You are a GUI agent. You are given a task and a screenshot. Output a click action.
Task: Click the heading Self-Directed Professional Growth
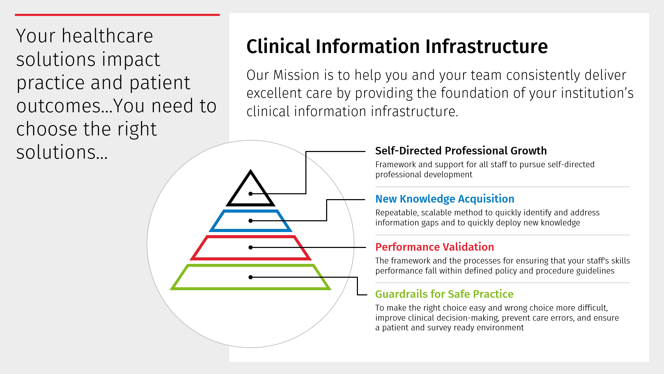point(461,151)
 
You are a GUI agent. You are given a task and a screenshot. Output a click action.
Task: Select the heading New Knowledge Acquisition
point(445,199)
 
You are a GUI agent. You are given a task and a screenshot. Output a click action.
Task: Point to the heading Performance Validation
point(435,247)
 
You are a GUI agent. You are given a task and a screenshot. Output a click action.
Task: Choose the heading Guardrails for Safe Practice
point(444,294)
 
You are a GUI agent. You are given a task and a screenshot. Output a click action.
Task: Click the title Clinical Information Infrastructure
point(397,46)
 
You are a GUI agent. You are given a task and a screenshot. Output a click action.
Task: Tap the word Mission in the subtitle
point(296,75)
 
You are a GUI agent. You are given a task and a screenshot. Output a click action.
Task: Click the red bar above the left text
point(117,15)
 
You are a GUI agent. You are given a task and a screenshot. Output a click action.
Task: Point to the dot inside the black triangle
point(250,194)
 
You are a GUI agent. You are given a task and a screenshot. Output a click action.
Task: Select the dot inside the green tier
point(250,277)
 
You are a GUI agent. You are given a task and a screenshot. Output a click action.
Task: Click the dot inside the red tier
point(250,247)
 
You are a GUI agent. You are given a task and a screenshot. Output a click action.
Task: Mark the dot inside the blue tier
point(250,221)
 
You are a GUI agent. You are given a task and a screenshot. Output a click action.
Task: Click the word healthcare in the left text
point(107,36)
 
